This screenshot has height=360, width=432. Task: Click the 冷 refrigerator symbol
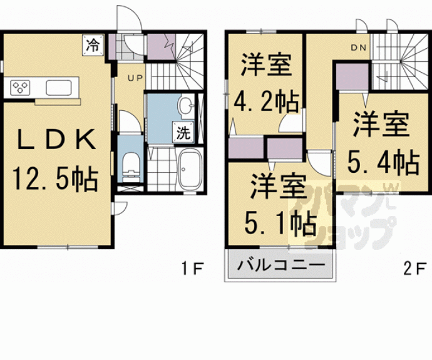point(93,45)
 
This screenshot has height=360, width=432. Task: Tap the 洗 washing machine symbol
point(182,133)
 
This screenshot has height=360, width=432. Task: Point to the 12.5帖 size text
point(56,179)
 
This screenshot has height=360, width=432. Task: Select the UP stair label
point(135,78)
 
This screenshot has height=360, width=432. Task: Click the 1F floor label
point(193,269)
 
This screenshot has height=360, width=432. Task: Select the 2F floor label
point(414,269)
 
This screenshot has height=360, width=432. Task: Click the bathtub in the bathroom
point(188,169)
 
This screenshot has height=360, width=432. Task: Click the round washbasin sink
point(185,106)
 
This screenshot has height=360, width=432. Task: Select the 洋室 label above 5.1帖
point(279,186)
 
